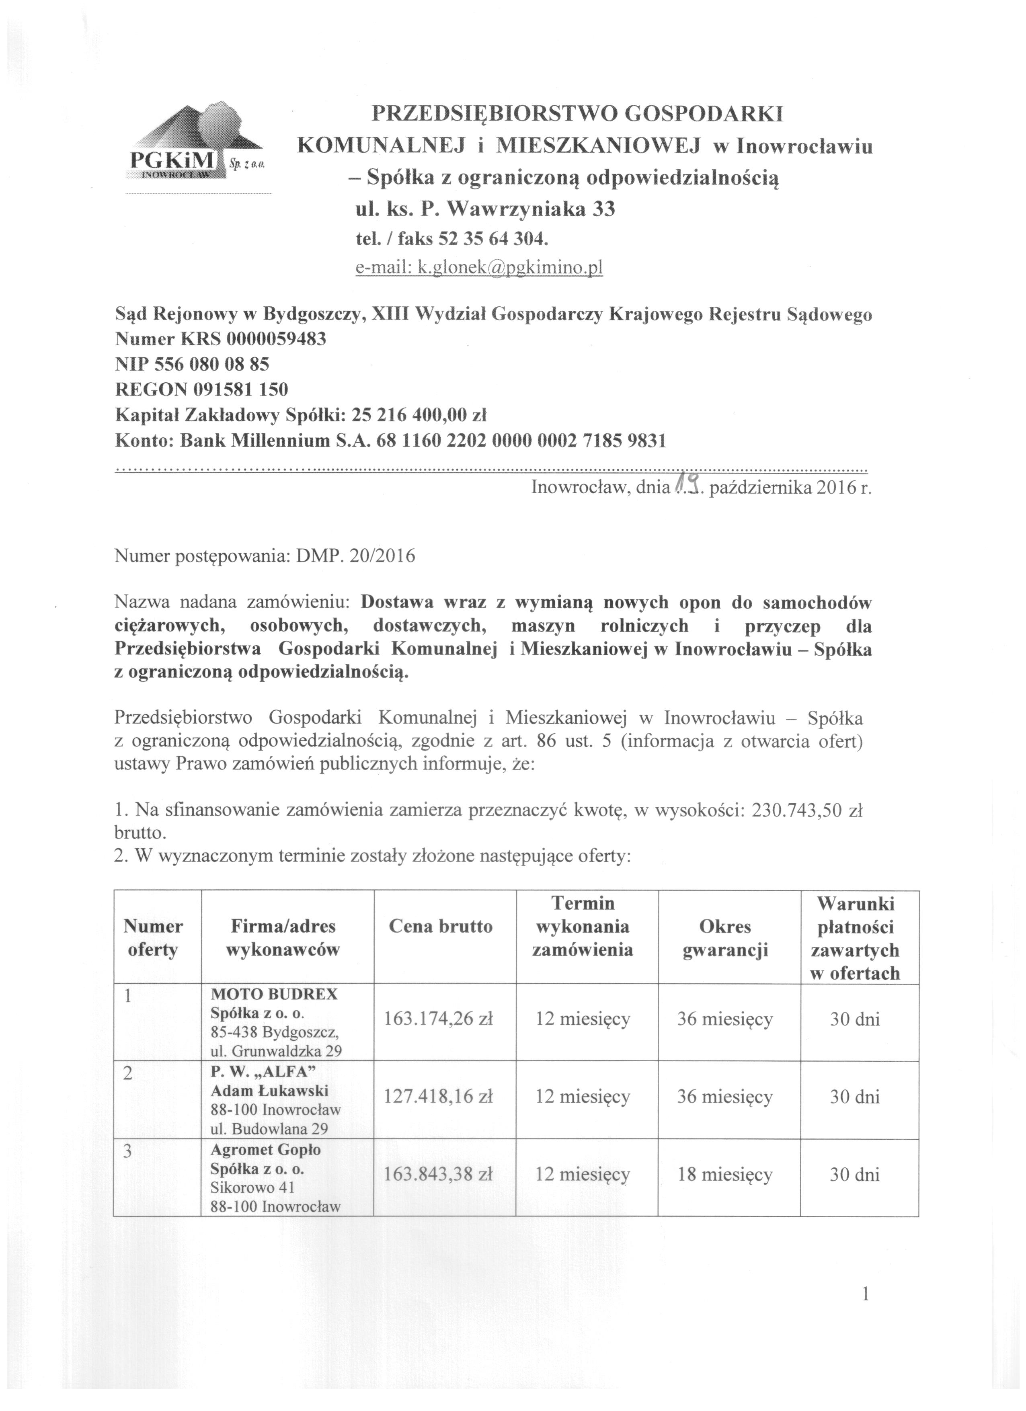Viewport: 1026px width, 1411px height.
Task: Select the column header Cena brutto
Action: coord(441,927)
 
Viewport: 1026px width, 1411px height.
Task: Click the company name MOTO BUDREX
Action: coord(274,994)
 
